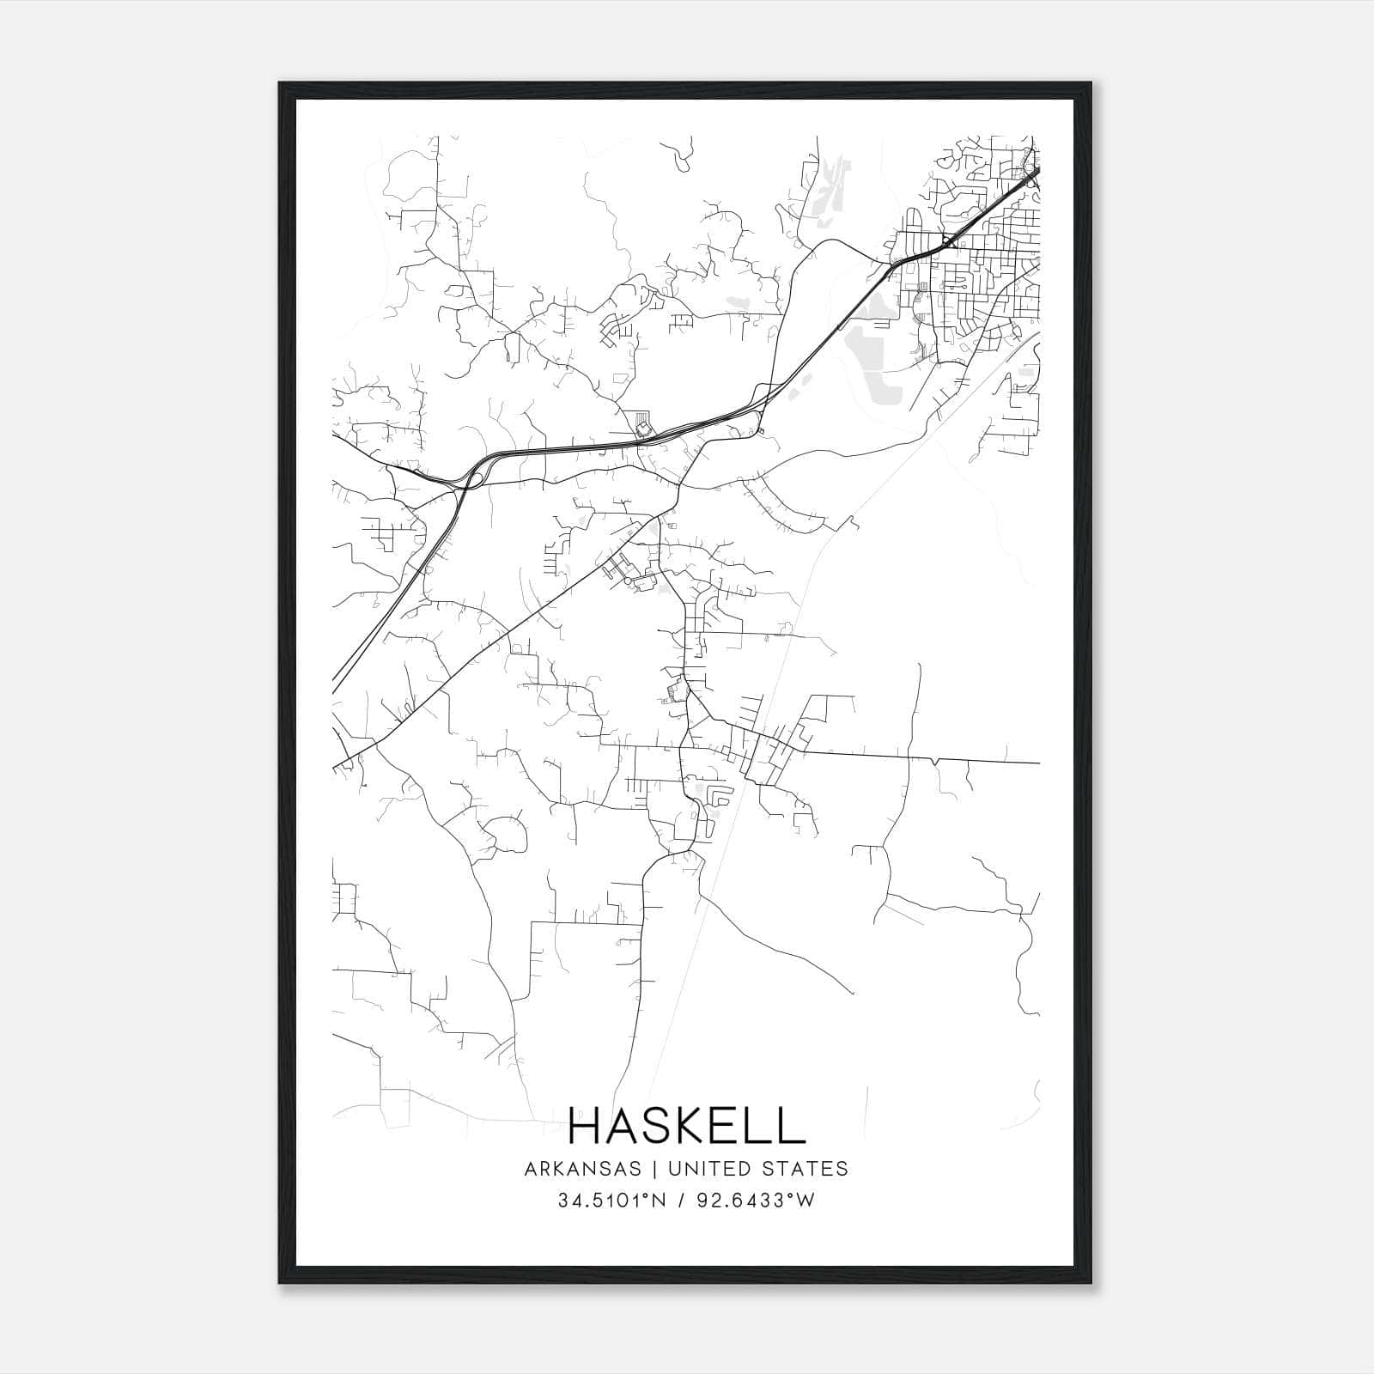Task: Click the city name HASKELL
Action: point(686,1126)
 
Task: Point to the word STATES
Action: point(805,1169)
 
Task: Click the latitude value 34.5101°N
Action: point(611,1201)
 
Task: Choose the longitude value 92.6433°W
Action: point(756,1201)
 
